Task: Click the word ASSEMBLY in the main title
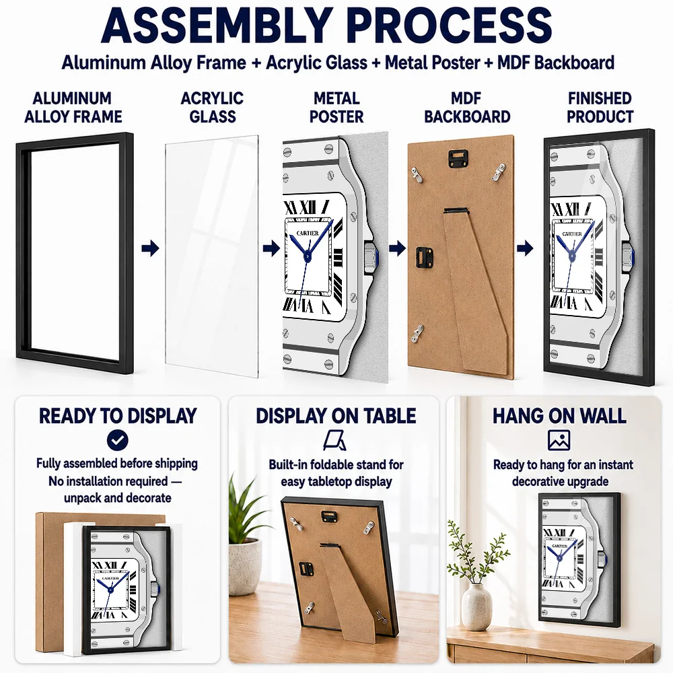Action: click(217, 25)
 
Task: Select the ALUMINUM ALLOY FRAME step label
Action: click(73, 107)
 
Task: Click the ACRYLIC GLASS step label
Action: click(213, 107)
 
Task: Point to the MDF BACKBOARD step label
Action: click(467, 107)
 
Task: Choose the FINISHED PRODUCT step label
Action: click(600, 107)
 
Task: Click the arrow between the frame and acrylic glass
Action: click(150, 248)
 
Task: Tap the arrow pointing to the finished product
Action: click(525, 248)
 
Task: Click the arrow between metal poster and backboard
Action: click(398, 248)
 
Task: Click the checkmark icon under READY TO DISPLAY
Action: click(118, 440)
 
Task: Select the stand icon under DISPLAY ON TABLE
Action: click(335, 440)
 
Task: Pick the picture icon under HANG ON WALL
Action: click(559, 440)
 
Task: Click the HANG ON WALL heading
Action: click(559, 416)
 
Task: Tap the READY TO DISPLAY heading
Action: click(118, 416)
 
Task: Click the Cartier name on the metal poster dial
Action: click(308, 234)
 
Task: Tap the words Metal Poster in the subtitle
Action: click(432, 63)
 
